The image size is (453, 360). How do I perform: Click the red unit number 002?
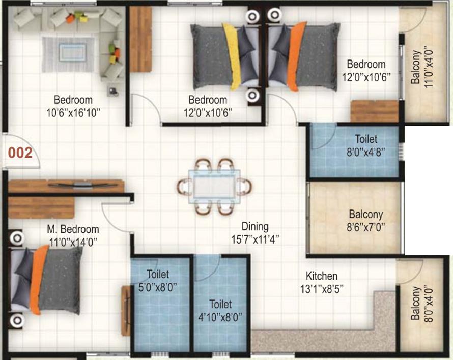click(x=20, y=153)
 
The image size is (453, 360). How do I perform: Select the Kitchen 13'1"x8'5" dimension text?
click(x=322, y=289)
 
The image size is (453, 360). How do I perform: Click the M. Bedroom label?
click(x=73, y=229)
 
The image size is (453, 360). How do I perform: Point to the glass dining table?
click(x=214, y=187)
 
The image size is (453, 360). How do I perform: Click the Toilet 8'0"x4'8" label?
click(x=366, y=145)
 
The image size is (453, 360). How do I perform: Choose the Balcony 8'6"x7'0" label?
click(x=366, y=221)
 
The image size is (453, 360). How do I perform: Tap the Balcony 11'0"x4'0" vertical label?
click(x=422, y=67)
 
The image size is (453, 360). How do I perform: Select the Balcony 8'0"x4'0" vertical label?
click(x=422, y=304)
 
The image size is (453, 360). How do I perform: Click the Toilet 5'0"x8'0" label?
click(x=158, y=281)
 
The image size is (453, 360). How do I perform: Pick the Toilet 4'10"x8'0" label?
click(x=220, y=311)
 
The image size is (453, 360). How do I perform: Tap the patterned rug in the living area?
click(x=69, y=54)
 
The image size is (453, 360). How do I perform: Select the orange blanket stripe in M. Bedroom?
click(x=38, y=279)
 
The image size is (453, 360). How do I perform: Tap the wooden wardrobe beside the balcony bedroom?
click(x=375, y=111)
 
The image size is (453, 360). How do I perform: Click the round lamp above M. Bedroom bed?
click(x=17, y=238)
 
